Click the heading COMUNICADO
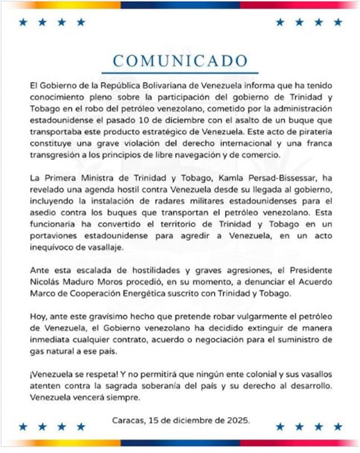(x=180, y=61)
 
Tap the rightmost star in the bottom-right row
(x=336, y=426)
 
